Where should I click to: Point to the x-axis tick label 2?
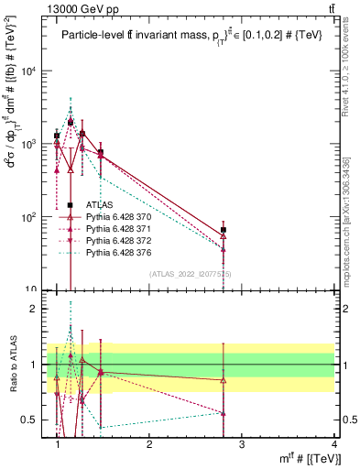(x=149, y=444)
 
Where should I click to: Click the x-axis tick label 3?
(x=241, y=444)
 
